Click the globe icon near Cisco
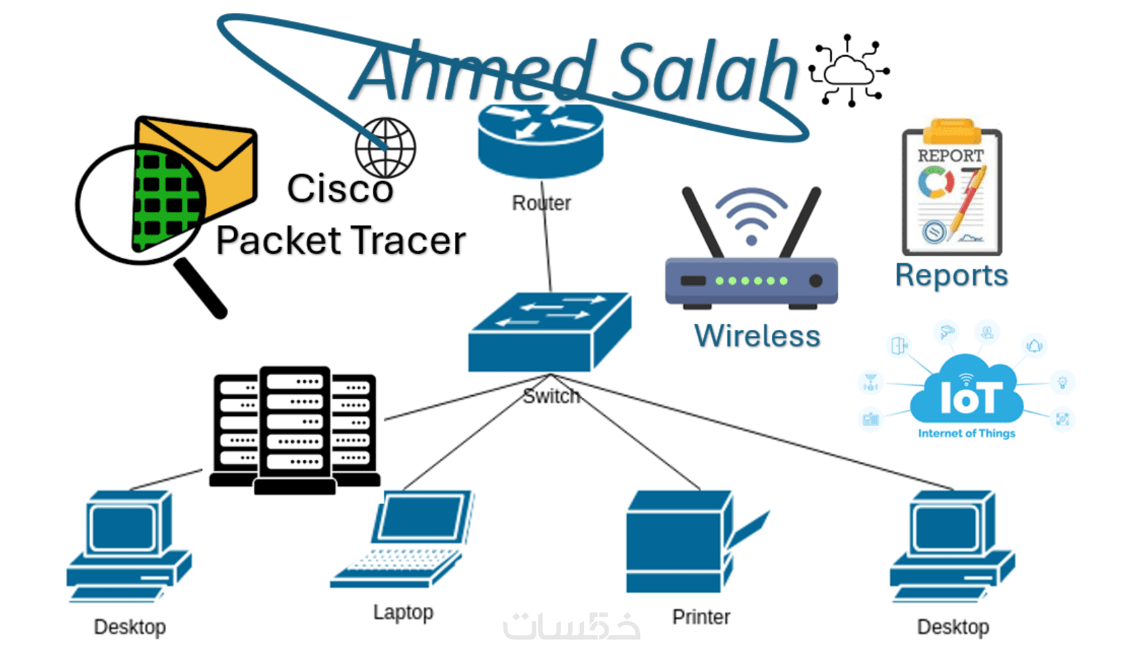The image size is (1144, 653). click(x=386, y=148)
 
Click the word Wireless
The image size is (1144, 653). click(x=757, y=336)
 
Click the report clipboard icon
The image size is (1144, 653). click(x=952, y=192)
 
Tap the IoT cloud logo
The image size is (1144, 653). click(x=967, y=394)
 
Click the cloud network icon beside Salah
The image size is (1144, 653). click(x=849, y=71)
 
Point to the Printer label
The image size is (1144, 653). click(x=701, y=617)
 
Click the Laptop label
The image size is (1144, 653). click(x=403, y=613)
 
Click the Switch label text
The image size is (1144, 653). click(x=551, y=396)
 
